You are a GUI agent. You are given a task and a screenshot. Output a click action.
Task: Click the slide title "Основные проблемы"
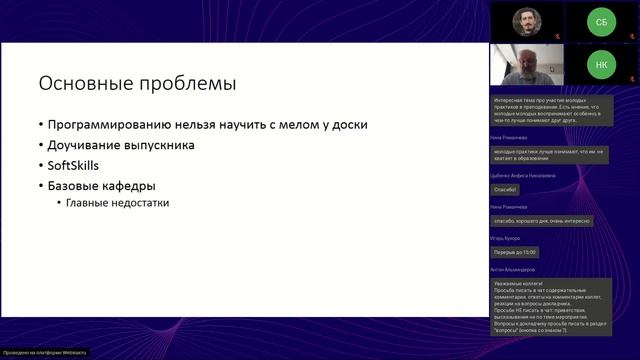pyautogui.click(x=137, y=82)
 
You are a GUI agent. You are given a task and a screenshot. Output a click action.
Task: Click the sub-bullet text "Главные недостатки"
pyautogui.click(x=117, y=203)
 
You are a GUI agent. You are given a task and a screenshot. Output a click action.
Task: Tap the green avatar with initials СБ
pyautogui.click(x=601, y=20)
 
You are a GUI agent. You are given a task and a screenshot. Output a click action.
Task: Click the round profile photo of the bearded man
pyautogui.click(x=528, y=20)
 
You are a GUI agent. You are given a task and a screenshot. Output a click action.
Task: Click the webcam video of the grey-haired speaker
pyautogui.click(x=527, y=65)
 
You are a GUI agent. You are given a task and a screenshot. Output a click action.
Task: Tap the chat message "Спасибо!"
pyautogui.click(x=507, y=189)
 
